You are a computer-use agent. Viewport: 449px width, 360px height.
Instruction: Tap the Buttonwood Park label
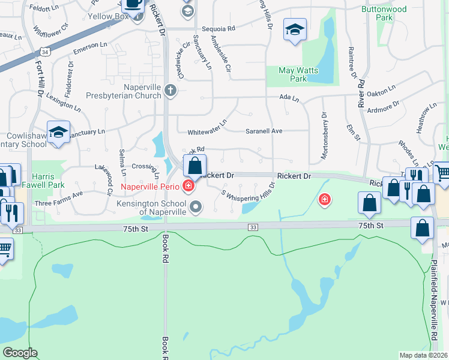coord(385,14)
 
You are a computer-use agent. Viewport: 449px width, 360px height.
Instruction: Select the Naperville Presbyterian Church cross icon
coord(170,91)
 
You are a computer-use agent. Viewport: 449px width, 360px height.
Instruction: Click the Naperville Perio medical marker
coord(188,186)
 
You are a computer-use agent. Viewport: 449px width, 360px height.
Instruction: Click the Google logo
coord(20,352)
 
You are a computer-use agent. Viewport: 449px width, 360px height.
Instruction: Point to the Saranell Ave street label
coord(264,131)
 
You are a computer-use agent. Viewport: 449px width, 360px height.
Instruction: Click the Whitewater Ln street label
coord(207,127)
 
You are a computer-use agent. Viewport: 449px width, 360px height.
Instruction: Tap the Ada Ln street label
coord(289,97)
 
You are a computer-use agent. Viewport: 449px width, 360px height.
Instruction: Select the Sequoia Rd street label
coord(218,28)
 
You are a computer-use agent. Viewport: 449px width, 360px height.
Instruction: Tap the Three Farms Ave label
coord(58,199)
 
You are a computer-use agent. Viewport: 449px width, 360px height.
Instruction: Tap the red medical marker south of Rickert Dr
coord(325,199)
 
